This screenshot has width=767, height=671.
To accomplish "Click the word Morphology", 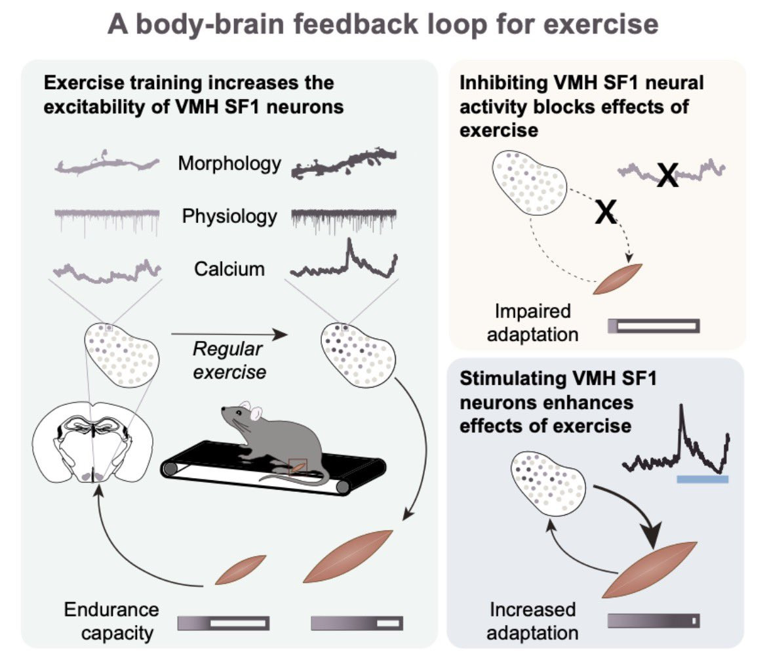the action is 229,164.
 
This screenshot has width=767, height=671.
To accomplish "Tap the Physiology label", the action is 229,216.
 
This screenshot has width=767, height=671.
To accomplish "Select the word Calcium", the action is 229,269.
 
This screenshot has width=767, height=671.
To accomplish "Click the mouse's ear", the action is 256,414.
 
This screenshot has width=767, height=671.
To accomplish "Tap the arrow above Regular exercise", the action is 229,335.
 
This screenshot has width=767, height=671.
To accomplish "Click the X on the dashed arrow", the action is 606,212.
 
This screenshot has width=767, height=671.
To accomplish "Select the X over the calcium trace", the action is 668,174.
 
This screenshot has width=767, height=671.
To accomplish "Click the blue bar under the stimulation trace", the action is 703,479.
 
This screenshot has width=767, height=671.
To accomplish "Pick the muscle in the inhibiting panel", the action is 618,279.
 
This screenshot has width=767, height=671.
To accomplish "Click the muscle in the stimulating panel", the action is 649,570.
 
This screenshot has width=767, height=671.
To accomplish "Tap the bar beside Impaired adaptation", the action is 654,326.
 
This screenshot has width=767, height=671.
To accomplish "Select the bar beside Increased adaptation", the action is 654,620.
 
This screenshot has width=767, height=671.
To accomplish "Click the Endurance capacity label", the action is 111,621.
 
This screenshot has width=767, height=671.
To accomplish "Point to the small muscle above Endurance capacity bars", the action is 241,570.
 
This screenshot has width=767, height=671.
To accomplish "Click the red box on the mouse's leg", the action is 298,467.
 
